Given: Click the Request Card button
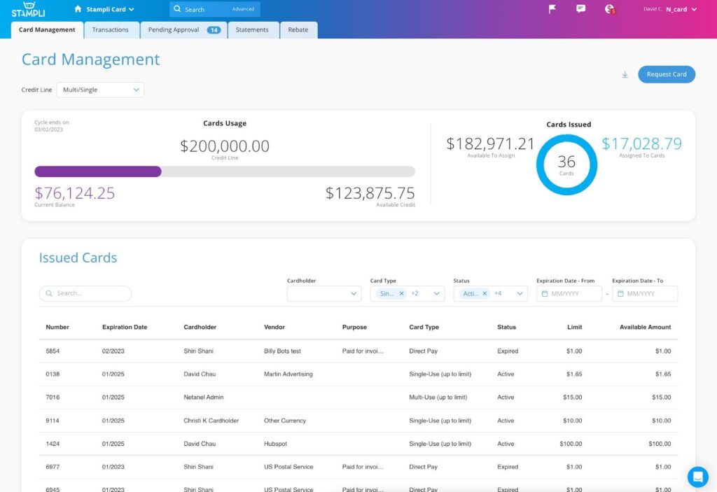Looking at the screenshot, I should (x=666, y=74).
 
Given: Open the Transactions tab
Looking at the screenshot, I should (x=111, y=30).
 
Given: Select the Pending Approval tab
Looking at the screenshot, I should (x=183, y=30).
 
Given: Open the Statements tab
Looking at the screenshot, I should (x=252, y=30).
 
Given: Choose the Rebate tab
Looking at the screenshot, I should (x=298, y=30).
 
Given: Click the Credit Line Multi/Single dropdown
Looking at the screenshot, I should (x=100, y=90).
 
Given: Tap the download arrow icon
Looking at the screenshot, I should (x=625, y=75).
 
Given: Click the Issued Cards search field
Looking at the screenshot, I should (x=85, y=294).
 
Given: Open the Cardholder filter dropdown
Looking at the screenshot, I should (x=323, y=294).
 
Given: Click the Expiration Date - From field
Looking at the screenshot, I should (x=569, y=294).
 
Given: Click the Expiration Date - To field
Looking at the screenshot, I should (x=645, y=294).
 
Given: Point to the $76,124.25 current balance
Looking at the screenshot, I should (x=75, y=193).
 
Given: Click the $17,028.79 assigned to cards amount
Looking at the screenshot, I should (x=641, y=144).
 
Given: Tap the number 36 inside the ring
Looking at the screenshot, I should (x=566, y=162).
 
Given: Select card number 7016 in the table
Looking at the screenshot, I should (x=53, y=398).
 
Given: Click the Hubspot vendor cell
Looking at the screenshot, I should (x=276, y=444).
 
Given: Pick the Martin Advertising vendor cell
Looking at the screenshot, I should (x=288, y=374).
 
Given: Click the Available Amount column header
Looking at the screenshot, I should (x=645, y=327).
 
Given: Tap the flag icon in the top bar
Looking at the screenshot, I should (x=552, y=9).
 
